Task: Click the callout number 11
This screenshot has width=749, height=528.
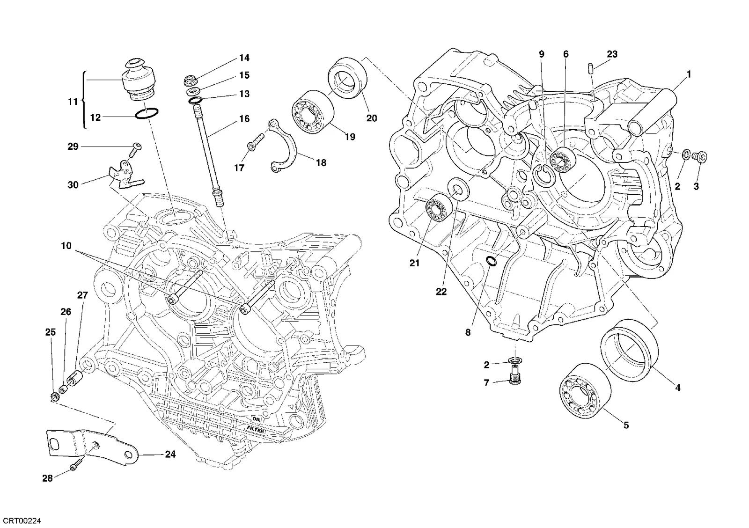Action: point(73,101)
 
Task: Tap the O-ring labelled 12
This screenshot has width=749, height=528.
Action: point(147,114)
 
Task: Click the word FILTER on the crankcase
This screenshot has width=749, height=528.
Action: point(256,429)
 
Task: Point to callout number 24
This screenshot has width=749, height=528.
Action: point(170,454)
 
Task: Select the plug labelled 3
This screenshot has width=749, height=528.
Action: point(699,156)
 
